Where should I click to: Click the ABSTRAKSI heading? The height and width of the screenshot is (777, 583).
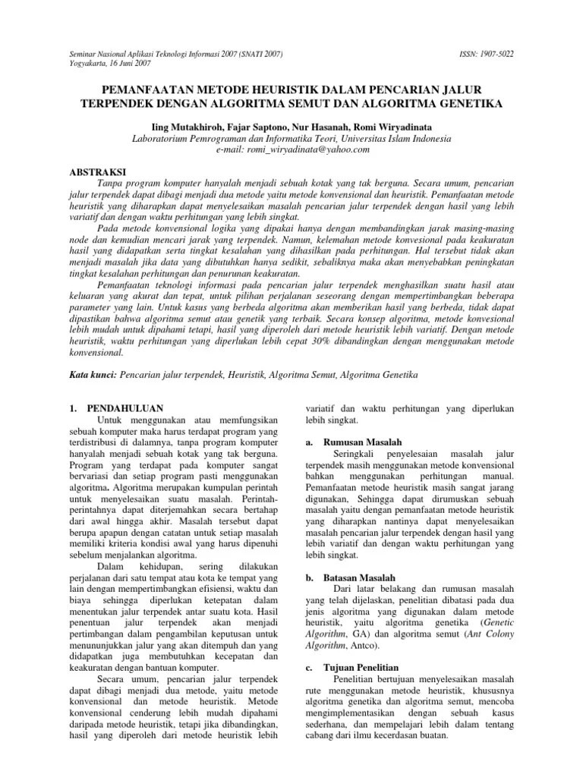[93, 172]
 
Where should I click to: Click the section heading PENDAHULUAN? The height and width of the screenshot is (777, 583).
[122, 407]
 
